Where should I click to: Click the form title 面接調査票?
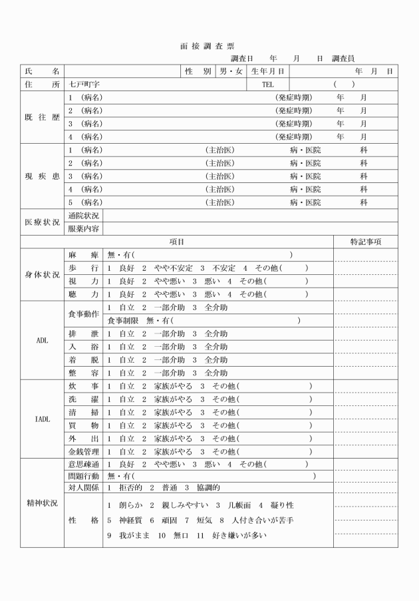pyautogui.click(x=207, y=47)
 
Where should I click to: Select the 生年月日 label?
pyautogui.click(x=269, y=71)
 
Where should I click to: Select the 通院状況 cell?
pyautogui.click(x=84, y=216)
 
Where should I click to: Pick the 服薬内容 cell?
pyautogui.click(x=84, y=229)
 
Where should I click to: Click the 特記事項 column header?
pyautogui.click(x=366, y=242)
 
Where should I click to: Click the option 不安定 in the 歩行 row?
pyautogui.click(x=224, y=268)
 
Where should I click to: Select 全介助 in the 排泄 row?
pyautogui.click(x=215, y=333)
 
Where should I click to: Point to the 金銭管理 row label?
pyautogui.click(x=84, y=451)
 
